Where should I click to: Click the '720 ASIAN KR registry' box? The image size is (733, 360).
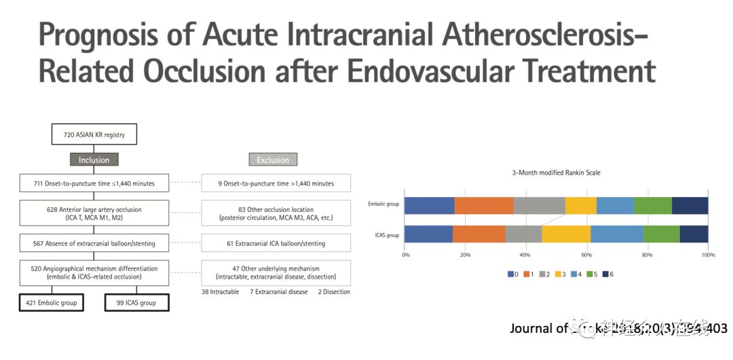94,134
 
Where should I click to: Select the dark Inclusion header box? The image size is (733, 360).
94,160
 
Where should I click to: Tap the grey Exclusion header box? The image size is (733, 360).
273,160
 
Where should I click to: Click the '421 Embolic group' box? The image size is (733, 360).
51,302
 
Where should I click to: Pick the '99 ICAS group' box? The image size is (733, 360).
136,302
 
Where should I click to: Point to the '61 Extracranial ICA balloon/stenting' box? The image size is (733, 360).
276,243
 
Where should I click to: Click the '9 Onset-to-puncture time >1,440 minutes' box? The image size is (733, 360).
276,183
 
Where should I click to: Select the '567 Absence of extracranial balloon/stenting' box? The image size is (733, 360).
94,243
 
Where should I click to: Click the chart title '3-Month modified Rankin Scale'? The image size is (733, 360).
556,173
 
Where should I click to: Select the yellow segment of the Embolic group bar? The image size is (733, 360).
581,206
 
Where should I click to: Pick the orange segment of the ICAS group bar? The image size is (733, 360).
478,234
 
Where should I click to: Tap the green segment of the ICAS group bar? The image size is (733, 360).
661,234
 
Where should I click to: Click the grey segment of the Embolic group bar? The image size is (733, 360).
539,206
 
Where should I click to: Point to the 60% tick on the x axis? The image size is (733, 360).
586,255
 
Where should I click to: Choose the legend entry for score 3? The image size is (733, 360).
565,274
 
